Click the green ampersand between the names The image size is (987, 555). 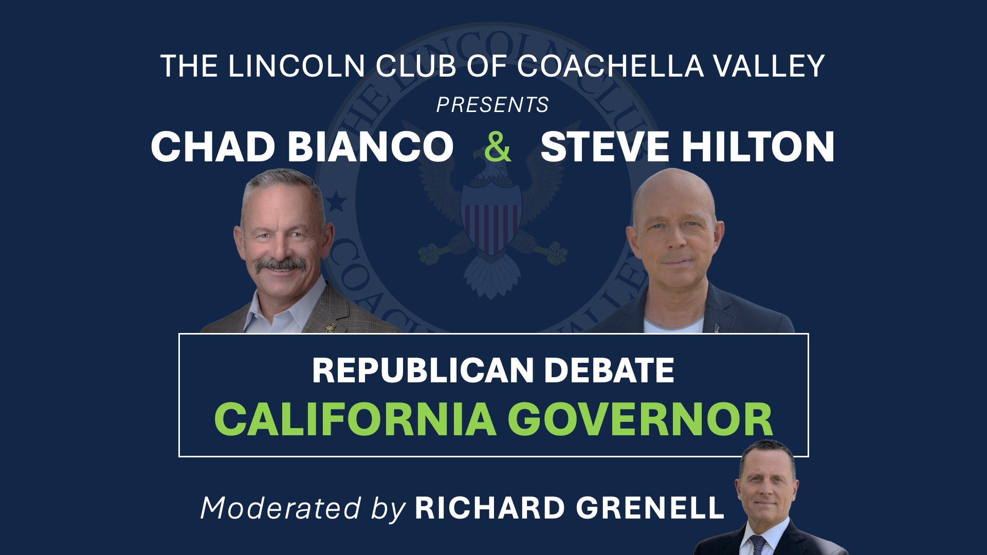pyautogui.click(x=498, y=146)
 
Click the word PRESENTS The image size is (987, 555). pyautogui.click(x=492, y=105)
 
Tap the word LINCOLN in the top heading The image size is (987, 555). pyautogui.click(x=297, y=66)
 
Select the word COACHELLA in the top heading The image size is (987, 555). pyautogui.click(x=610, y=66)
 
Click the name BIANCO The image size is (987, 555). pyautogui.click(x=371, y=147)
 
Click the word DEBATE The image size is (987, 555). pyautogui.click(x=609, y=371)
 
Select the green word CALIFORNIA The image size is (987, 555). pyautogui.click(x=355, y=419)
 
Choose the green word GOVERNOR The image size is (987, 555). pyautogui.click(x=641, y=419)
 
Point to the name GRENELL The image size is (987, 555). pyautogui.click(x=650, y=508)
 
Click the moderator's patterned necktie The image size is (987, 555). pyautogui.click(x=757, y=545)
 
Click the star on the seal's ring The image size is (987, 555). pyautogui.click(x=337, y=201)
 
